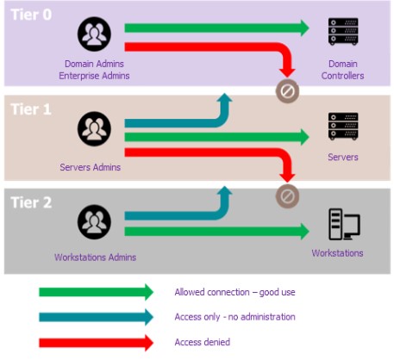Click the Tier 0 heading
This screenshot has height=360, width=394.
[31, 15]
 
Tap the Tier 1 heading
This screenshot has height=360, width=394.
[31, 109]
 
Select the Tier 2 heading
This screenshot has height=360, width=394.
[31, 202]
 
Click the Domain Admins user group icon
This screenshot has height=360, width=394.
[94, 34]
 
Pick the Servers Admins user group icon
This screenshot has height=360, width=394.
[94, 129]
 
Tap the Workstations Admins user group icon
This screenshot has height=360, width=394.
[94, 222]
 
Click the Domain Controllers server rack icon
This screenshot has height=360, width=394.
[343, 32]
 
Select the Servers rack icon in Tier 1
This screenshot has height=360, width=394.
[343, 127]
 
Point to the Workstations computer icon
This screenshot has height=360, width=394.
[344, 224]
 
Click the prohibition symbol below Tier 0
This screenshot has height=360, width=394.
[287, 91]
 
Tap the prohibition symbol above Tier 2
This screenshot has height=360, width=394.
[287, 196]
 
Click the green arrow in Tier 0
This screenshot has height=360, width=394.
[216, 28]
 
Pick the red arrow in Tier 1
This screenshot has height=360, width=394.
[230, 152]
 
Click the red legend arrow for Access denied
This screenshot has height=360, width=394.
[96, 343]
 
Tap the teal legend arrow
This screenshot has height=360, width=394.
[96, 317]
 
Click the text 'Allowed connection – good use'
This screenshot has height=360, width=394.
[235, 292]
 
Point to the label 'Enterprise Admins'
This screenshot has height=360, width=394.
[94, 76]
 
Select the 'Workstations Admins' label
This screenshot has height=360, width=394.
[95, 258]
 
